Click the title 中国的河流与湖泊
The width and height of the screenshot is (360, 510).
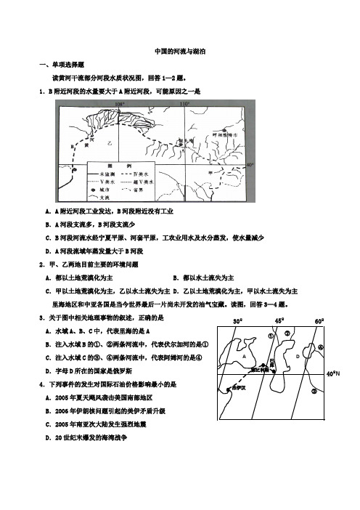pyautogui.click(x=180, y=52)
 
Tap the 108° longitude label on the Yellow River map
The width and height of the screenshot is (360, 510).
pyautogui.click(x=120, y=105)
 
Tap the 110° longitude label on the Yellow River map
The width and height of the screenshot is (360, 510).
pyautogui.click(x=184, y=105)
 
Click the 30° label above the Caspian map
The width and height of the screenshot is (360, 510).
pyautogui.click(x=237, y=320)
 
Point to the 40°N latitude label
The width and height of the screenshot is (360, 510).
pyautogui.click(x=332, y=373)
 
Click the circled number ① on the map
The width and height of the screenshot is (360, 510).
pyautogui.click(x=271, y=337)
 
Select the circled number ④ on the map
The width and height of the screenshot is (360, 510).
pyautogui.click(x=319, y=347)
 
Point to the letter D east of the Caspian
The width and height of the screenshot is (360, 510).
pyautogui.click(x=298, y=357)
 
